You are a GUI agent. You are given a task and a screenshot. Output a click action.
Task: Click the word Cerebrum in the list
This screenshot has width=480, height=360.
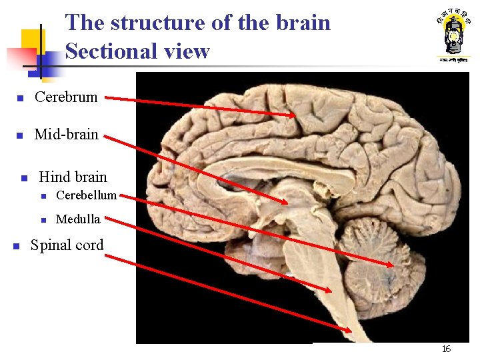[x=66, y=97]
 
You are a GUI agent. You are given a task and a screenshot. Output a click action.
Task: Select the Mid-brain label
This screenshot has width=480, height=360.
[x=66, y=135]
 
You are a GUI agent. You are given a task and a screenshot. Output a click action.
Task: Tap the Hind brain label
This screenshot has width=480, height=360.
[x=73, y=177]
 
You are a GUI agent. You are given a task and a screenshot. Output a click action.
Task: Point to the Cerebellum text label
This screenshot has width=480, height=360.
[x=86, y=195]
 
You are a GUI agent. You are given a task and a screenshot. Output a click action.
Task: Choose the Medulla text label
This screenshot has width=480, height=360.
[x=78, y=219]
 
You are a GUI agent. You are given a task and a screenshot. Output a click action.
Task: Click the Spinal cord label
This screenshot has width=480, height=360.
[x=67, y=245]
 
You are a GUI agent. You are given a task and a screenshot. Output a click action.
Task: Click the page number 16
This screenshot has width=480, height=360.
[x=446, y=349]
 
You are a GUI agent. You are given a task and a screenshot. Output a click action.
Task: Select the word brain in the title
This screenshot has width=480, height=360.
[x=301, y=23]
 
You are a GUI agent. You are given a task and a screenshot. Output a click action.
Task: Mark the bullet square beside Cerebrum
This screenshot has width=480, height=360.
[x=21, y=99]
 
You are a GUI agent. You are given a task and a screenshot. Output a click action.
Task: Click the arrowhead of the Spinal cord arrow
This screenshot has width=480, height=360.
[x=350, y=330]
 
